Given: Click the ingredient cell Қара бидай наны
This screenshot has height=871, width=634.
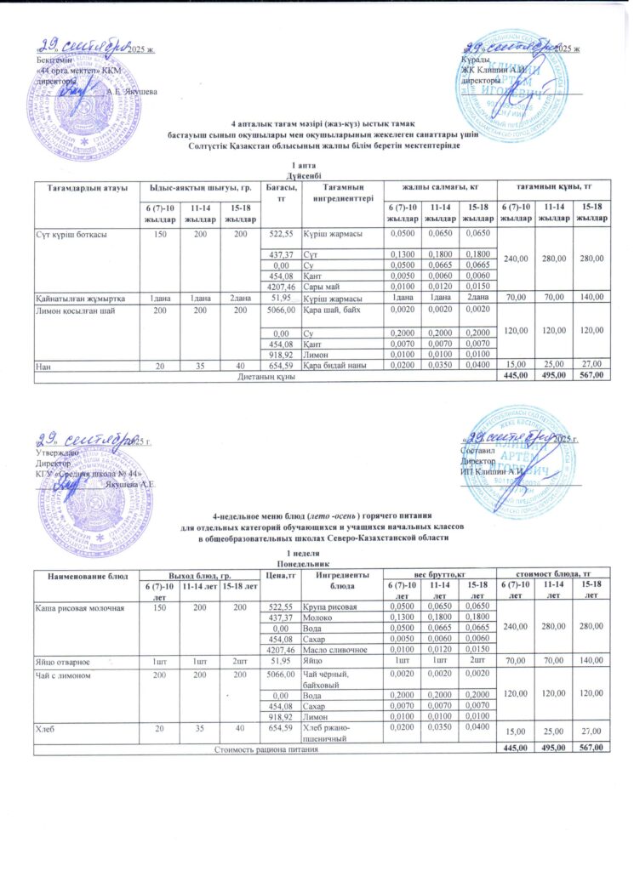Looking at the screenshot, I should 340,366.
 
